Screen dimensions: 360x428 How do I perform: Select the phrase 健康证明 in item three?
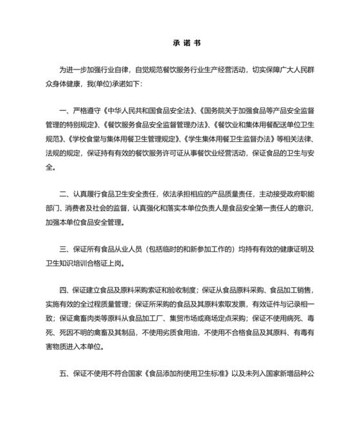coord(273,248)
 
